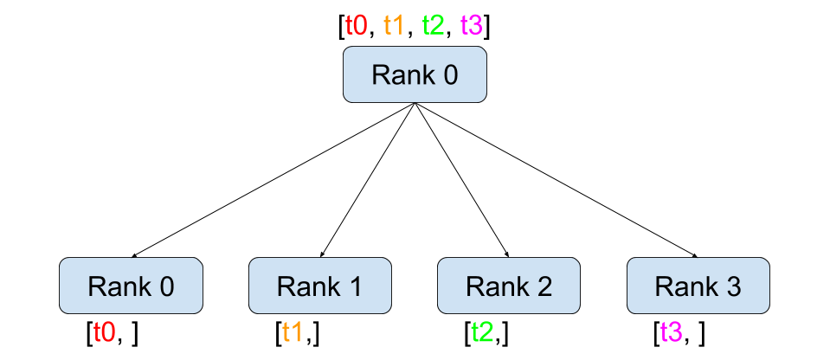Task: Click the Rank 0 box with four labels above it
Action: pyautogui.click(x=415, y=74)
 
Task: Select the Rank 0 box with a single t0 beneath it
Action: pyautogui.click(x=131, y=286)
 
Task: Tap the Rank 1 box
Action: pyautogui.click(x=320, y=286)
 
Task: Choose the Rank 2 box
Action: pyautogui.click(x=509, y=286)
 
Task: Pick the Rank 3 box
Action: pyautogui.click(x=698, y=286)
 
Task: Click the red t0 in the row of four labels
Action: pyautogui.click(x=356, y=25)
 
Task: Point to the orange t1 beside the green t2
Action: pyautogui.click(x=394, y=25)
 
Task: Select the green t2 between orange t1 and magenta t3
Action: pyautogui.click(x=433, y=25)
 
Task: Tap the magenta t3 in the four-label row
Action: pyautogui.click(x=471, y=25)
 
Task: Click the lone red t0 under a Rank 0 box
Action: pyautogui.click(x=104, y=332)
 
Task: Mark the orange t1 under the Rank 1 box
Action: pyautogui.click(x=293, y=332)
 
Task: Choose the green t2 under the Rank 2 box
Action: pyautogui.click(x=482, y=332)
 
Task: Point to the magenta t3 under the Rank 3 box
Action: pyautogui.click(x=671, y=332)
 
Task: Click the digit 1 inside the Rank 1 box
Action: pyautogui.click(x=354, y=286)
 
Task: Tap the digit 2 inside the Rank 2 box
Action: pyautogui.click(x=544, y=286)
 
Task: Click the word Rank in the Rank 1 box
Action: pyautogui.click(x=306, y=286)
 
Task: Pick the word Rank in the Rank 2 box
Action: pyautogui.click(x=494, y=286)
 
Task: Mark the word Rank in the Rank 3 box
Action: pyautogui.click(x=683, y=286)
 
